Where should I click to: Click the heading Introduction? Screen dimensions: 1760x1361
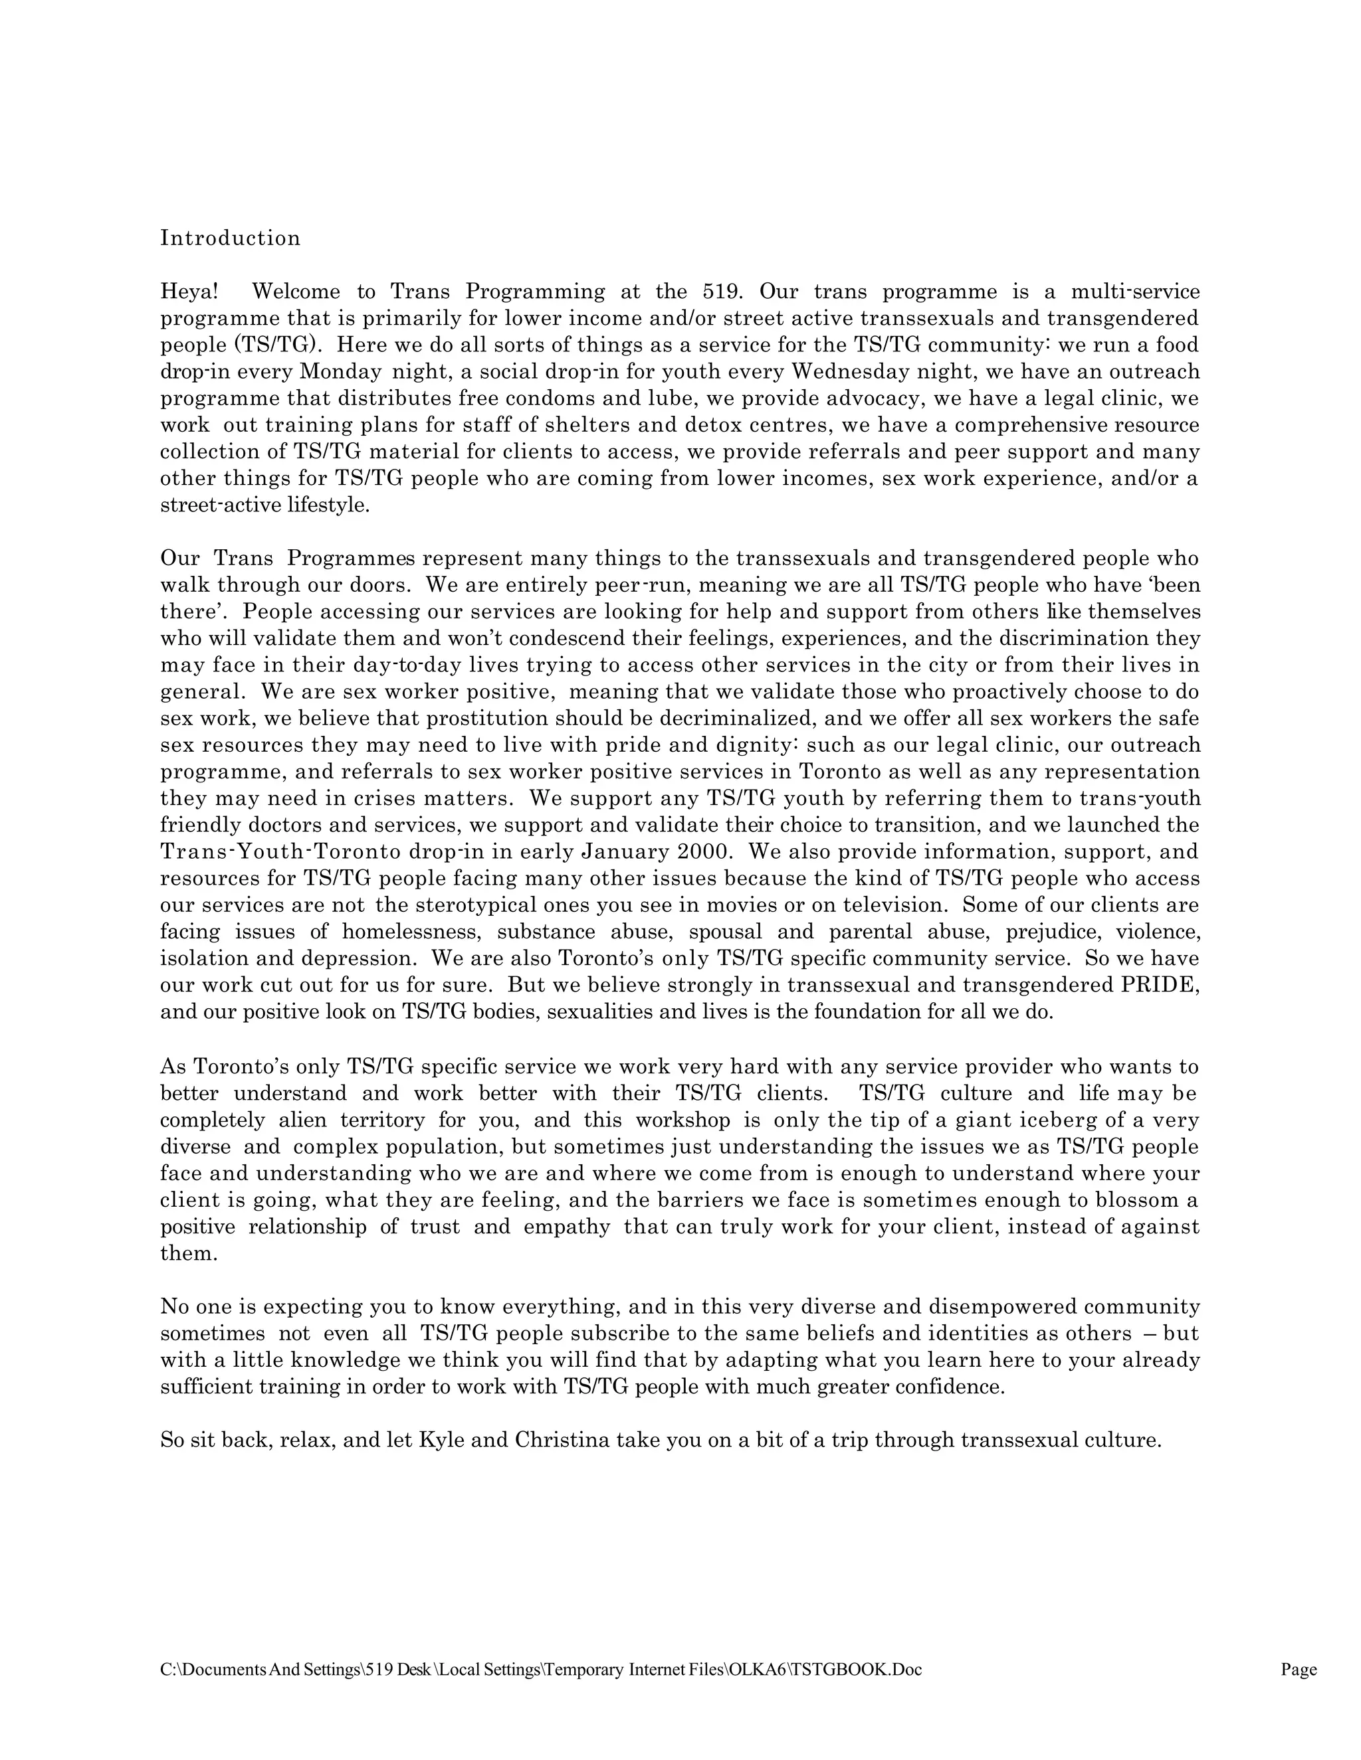(230, 238)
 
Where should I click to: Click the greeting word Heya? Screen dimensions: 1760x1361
(189, 292)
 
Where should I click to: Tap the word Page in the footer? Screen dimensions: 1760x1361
(1298, 1670)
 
